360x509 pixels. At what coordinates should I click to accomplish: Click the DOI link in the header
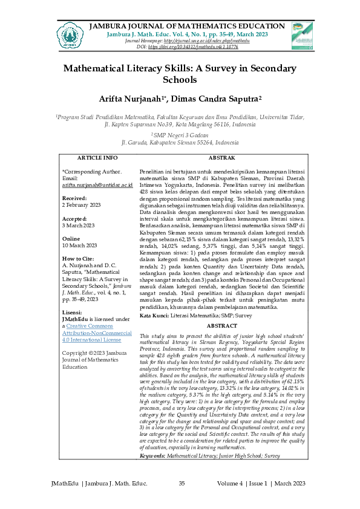pyautogui.click(x=194, y=46)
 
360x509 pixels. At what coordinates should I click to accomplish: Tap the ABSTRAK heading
pyautogui.click(x=222, y=158)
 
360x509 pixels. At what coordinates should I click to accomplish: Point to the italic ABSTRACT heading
pyautogui.click(x=222, y=326)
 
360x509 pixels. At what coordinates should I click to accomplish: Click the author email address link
pyautogui.click(x=97, y=186)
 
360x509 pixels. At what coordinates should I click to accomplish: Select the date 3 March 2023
pyautogui.click(x=79, y=225)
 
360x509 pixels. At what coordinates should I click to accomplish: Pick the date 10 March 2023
pyautogui.click(x=80, y=245)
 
